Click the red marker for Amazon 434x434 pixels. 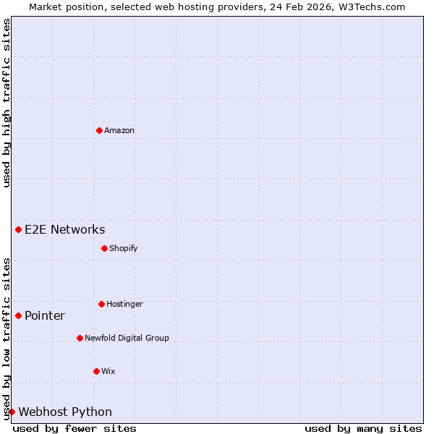99,130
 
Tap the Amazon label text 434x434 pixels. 119,131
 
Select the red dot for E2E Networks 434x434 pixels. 18,229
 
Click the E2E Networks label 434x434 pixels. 65,230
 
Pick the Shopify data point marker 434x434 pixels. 104,248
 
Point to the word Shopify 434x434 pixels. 124,249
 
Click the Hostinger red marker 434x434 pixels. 101,304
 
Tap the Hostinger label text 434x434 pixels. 124,305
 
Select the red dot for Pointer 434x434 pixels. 18,315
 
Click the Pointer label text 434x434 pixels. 45,316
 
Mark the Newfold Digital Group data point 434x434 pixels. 80,338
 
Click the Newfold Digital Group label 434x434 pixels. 127,339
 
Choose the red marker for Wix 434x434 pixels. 96,371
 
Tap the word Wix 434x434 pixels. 109,372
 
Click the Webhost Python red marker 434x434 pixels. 12,412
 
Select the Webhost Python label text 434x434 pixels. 65,412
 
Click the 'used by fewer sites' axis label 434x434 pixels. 75,428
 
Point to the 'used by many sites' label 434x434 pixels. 363,428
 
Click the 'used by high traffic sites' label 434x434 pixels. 7,103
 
